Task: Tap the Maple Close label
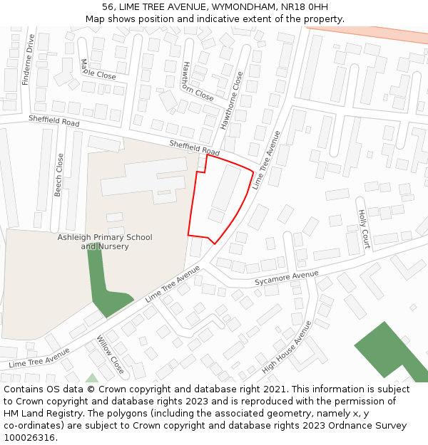pos(98,69)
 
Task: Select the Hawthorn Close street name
pos(197,80)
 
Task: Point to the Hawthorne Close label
pos(232,100)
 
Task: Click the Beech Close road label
pos(59,174)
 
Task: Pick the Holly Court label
pos(364,224)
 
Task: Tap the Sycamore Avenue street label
pos(287,278)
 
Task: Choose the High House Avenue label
pos(287,347)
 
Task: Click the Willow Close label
pos(111,355)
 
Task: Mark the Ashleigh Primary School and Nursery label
pos(105,242)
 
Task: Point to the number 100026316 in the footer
pos(29,437)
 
